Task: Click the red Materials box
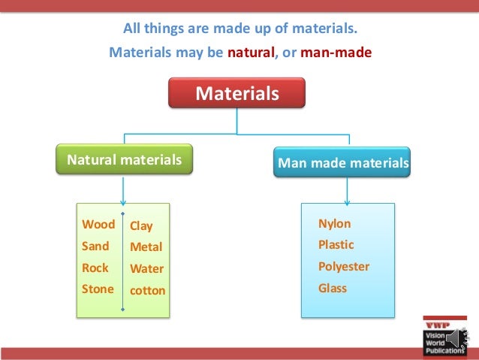click(x=236, y=94)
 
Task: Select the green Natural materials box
click(x=125, y=160)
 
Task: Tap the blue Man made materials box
click(x=343, y=162)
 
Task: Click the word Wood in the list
click(x=98, y=225)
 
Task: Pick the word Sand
click(x=95, y=246)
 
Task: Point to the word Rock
click(x=95, y=268)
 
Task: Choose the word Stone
click(x=98, y=289)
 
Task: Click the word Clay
click(x=141, y=225)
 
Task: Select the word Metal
click(x=146, y=247)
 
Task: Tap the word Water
click(x=146, y=268)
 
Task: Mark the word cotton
click(x=147, y=290)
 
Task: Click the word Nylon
click(x=335, y=224)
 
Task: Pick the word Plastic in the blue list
click(x=336, y=245)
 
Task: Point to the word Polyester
click(x=344, y=267)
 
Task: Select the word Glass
click(x=333, y=288)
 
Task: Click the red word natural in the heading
click(x=252, y=53)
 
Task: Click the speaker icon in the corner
click(x=457, y=340)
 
